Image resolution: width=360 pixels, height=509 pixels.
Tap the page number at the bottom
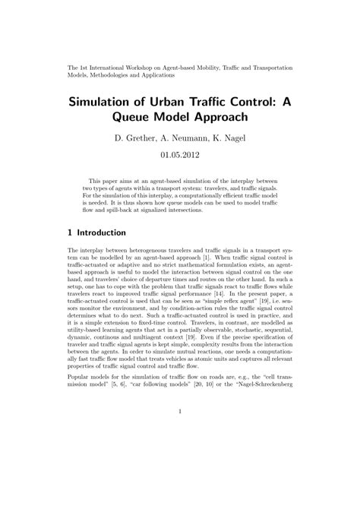coord(180,413)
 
